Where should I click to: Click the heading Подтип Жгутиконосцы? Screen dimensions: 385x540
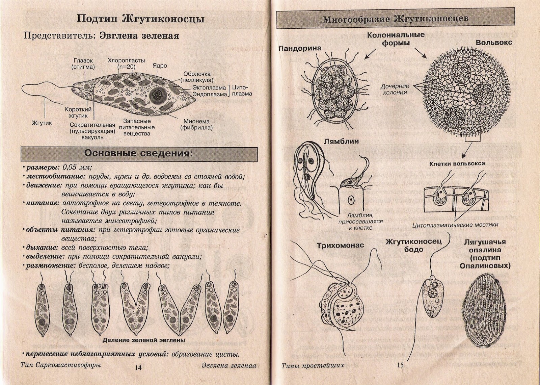pyautogui.click(x=140, y=19)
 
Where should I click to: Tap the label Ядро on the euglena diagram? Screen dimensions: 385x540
pyautogui.click(x=159, y=66)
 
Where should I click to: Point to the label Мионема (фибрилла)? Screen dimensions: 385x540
pyautogui.click(x=196, y=124)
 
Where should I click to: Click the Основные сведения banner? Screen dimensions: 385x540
pyautogui.click(x=139, y=154)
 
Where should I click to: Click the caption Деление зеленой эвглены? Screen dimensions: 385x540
pyautogui.click(x=144, y=340)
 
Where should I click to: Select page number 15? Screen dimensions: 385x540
pyautogui.click(x=400, y=365)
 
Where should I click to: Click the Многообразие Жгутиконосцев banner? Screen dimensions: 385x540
pyautogui.click(x=396, y=19)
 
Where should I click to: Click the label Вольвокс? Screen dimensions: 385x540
pyautogui.click(x=494, y=43)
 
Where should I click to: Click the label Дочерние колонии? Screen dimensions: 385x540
pyautogui.click(x=395, y=89)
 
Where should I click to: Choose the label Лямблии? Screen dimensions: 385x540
pyautogui.click(x=342, y=141)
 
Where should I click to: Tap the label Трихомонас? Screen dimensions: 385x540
pyautogui.click(x=340, y=246)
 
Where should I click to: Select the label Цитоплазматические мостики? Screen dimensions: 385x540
pyautogui.click(x=455, y=225)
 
